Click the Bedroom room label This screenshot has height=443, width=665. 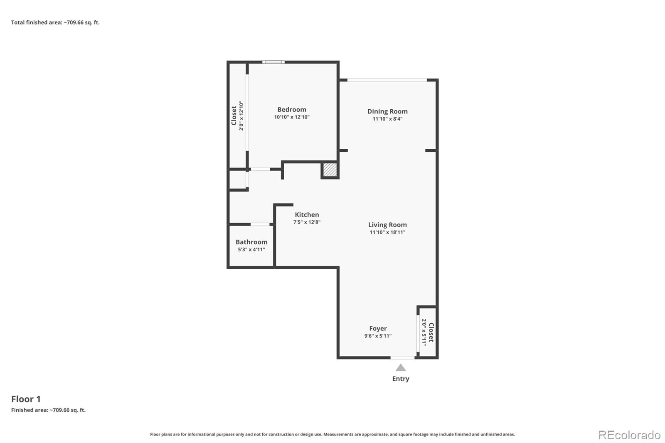coord(291,110)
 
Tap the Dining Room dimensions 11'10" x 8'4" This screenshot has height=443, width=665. coord(387,119)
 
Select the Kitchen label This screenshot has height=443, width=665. coord(307,215)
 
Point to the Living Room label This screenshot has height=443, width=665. coord(387,225)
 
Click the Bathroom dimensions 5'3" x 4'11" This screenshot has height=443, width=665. coord(251,249)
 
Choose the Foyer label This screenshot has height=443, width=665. coord(378,329)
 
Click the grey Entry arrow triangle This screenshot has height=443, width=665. coord(401,368)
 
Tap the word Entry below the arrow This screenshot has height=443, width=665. coord(401,379)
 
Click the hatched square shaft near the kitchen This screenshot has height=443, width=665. coord(330,170)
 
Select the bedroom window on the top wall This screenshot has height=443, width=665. coord(273,62)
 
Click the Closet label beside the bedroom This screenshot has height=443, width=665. coord(234,116)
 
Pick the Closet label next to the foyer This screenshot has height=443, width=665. coord(431,332)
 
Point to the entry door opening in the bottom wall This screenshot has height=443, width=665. coord(402,357)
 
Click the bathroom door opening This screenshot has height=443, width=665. coord(260,224)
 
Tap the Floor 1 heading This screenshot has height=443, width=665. coord(26,399)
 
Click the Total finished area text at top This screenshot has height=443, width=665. coord(55,22)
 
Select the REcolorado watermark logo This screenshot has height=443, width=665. coord(629,435)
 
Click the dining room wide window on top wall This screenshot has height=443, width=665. coord(387,80)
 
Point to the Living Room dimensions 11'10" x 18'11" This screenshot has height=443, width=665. coord(387,232)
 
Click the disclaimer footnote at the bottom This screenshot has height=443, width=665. coord(332,434)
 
